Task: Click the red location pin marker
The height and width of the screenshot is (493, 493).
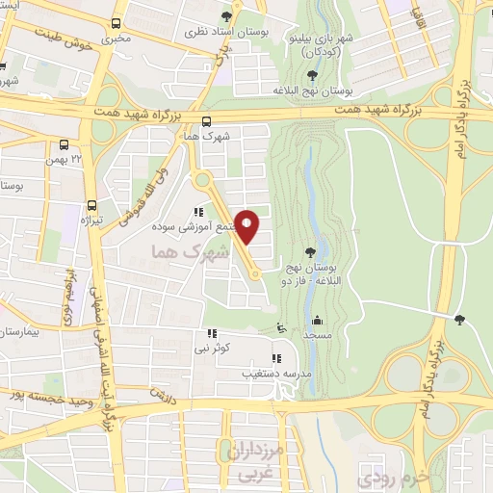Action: pos(247,226)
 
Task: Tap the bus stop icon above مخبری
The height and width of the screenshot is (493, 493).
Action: pos(117,23)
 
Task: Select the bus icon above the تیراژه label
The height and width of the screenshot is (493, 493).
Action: pos(92,204)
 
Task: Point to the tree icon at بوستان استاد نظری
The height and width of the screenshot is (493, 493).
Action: pos(226,16)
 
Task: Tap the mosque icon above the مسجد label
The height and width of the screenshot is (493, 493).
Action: pos(317,321)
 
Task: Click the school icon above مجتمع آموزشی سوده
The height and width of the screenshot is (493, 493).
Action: pos(199,213)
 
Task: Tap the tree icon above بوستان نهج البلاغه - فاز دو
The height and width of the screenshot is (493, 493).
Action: pos(309,252)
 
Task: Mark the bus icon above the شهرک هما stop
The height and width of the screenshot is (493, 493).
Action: pos(206,120)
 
